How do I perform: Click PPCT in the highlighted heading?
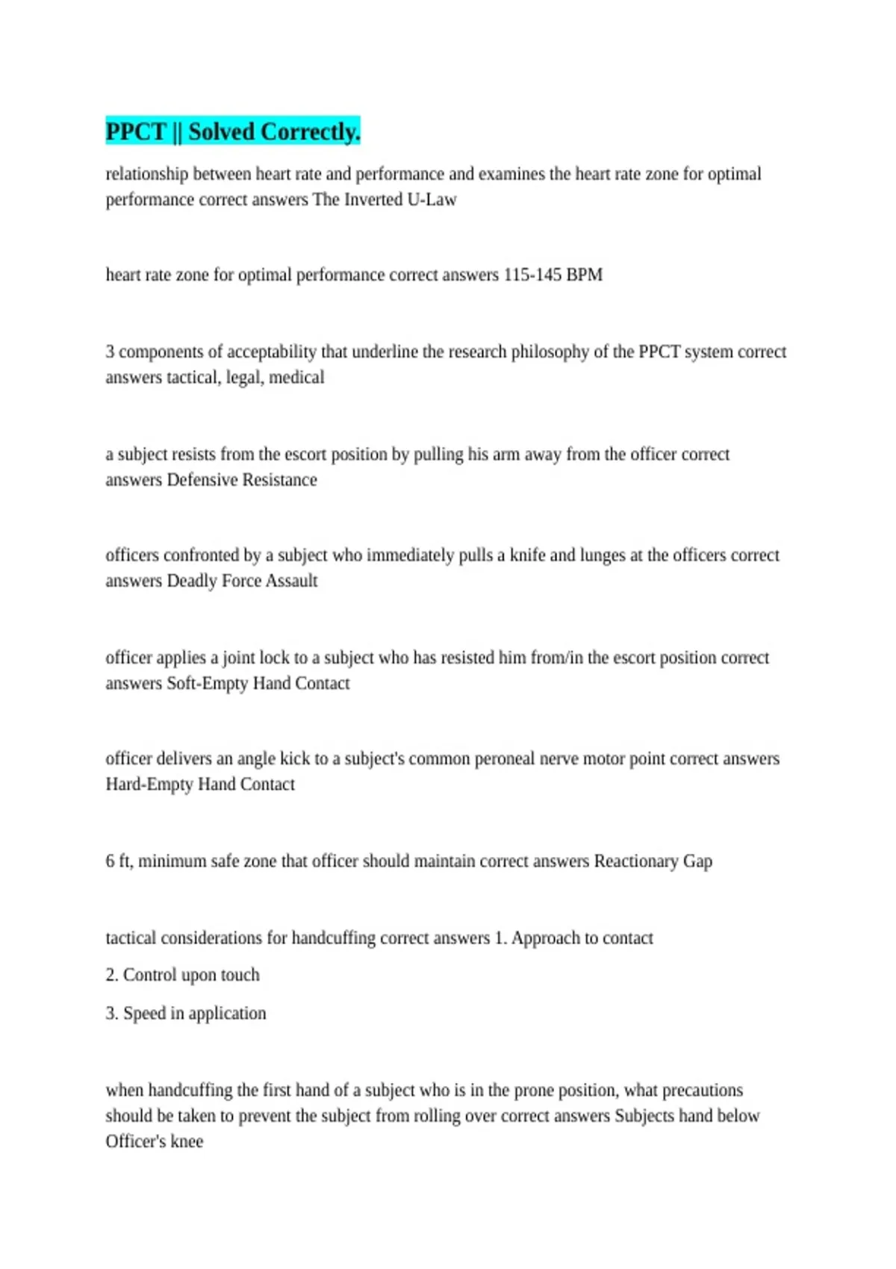(135, 131)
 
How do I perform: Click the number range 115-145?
(532, 275)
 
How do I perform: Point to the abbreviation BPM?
(584, 275)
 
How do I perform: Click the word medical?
(296, 377)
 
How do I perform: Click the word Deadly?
(192, 581)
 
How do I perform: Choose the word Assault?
(292, 581)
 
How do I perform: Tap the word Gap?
(697, 861)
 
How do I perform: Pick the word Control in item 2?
(150, 975)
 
